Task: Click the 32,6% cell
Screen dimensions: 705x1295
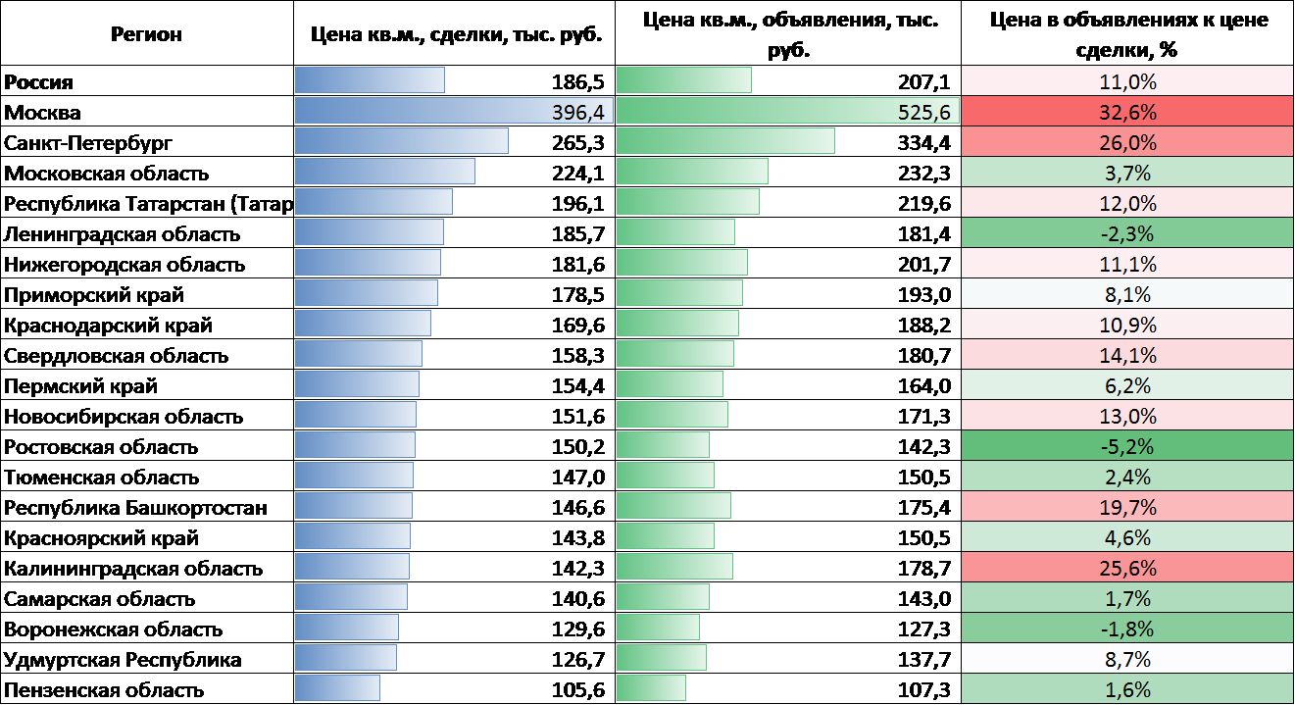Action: pyautogui.click(x=1127, y=111)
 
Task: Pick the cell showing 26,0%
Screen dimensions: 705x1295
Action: pyautogui.click(x=1127, y=141)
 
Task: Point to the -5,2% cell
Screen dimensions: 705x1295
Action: pyautogui.click(x=1127, y=446)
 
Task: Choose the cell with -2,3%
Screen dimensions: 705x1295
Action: pyautogui.click(x=1127, y=233)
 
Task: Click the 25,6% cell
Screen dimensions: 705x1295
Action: pyautogui.click(x=1127, y=568)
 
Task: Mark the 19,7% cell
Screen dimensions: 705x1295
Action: pyautogui.click(x=1127, y=507)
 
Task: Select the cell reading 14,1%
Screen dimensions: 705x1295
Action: pyautogui.click(x=1127, y=355)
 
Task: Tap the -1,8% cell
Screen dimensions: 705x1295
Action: pyautogui.click(x=1127, y=629)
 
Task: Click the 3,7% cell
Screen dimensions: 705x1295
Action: pyautogui.click(x=1127, y=173)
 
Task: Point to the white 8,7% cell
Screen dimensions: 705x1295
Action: pyautogui.click(x=1127, y=659)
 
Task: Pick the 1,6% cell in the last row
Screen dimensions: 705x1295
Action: pyautogui.click(x=1127, y=689)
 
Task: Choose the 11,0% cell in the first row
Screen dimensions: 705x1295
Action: pyautogui.click(x=1127, y=80)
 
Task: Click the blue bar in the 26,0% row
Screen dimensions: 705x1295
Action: pyautogui.click(x=401, y=141)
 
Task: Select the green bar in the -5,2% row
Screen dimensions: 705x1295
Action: pyautogui.click(x=663, y=446)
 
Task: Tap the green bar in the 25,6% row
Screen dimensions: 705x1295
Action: pyautogui.click(x=674, y=568)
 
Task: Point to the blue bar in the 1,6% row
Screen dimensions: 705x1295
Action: pyautogui.click(x=337, y=689)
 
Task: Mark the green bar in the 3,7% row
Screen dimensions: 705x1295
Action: pyautogui.click(x=692, y=173)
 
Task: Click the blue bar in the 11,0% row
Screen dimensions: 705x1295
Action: pyautogui.click(x=370, y=80)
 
